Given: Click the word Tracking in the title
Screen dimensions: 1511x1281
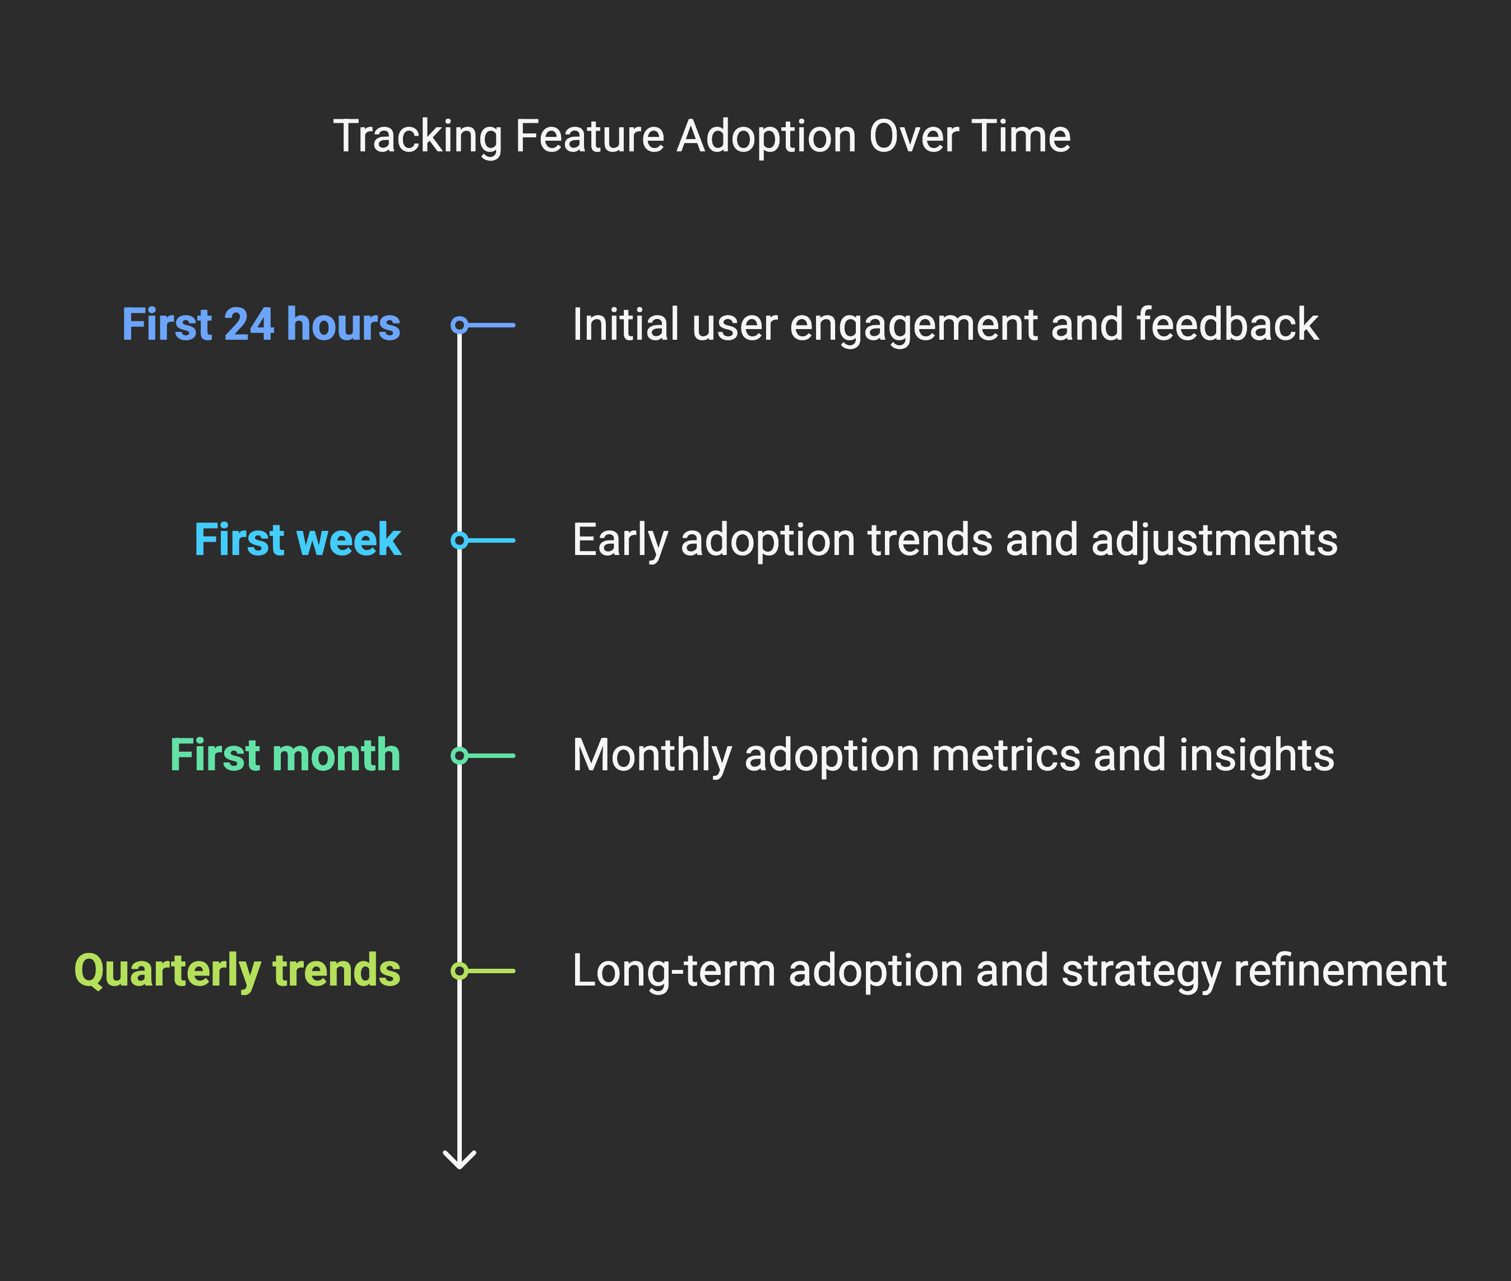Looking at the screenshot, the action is (418, 137).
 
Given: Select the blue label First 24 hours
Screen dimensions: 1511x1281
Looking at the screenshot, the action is (261, 324).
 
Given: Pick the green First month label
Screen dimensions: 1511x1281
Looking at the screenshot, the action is (285, 755).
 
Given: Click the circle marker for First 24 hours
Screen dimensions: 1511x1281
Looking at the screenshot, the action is (460, 325).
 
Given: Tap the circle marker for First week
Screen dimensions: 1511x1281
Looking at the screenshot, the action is (460, 540).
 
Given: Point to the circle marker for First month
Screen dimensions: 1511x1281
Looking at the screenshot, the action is (460, 756).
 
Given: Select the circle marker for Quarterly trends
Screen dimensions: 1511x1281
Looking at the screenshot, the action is (460, 971).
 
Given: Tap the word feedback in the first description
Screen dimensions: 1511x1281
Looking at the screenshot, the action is (1227, 324).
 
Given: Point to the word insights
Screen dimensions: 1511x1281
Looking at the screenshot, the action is (1256, 756).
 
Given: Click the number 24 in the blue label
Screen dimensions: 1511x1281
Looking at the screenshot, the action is (249, 324).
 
